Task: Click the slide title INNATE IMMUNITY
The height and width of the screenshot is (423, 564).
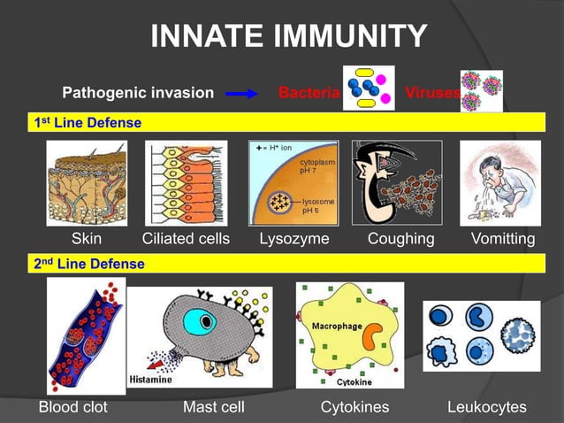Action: (289, 36)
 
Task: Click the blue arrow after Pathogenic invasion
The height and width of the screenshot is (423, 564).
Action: (241, 92)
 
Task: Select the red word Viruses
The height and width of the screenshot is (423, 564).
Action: (431, 92)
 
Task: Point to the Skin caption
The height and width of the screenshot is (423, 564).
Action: (87, 239)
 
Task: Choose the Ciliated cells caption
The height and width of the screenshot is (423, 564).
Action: (186, 239)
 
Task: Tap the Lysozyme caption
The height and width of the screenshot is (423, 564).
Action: (293, 239)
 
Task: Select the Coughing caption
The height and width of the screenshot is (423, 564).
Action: (400, 239)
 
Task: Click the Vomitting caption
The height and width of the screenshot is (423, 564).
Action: (503, 239)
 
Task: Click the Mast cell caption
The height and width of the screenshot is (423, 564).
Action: (213, 407)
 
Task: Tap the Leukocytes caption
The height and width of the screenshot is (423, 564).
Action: (486, 407)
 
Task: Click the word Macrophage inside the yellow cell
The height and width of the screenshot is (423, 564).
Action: (336, 327)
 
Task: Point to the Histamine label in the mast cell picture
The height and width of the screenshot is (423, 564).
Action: (151, 380)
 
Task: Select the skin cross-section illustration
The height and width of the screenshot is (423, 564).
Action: (87, 182)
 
